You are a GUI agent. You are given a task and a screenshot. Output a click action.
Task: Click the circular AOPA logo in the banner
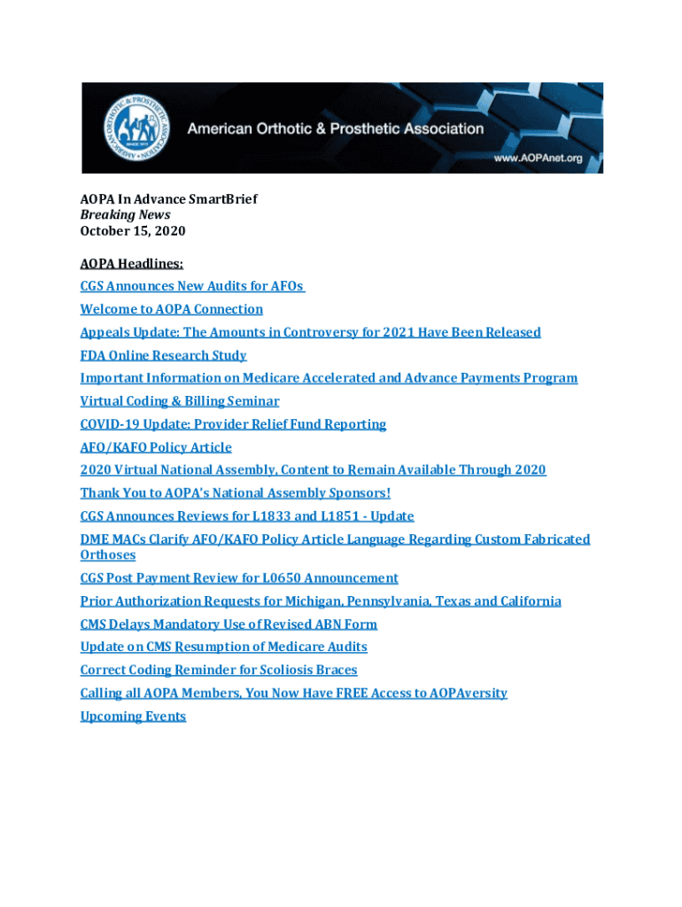pyautogui.click(x=132, y=126)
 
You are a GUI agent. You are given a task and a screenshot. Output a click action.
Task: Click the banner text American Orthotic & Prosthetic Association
pyautogui.click(x=335, y=128)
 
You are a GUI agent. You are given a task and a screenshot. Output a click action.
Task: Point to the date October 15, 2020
pyautogui.click(x=133, y=231)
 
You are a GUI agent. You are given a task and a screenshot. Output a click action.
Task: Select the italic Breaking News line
pyautogui.click(x=125, y=215)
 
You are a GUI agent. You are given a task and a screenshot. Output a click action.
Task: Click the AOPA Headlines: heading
pyautogui.click(x=132, y=263)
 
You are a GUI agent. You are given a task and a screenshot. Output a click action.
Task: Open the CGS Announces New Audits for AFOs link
pyautogui.click(x=192, y=286)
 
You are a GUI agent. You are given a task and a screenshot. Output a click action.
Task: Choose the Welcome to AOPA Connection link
pyautogui.click(x=172, y=309)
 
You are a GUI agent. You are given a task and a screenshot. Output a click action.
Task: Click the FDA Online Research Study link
pyautogui.click(x=164, y=355)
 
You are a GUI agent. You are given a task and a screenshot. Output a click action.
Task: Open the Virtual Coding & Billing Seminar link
pyautogui.click(x=180, y=401)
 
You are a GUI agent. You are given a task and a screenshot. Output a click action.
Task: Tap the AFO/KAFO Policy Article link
pyautogui.click(x=156, y=447)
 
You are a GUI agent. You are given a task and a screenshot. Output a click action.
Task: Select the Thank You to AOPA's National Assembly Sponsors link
pyautogui.click(x=235, y=493)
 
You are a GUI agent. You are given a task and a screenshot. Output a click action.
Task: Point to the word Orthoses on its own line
pyautogui.click(x=108, y=555)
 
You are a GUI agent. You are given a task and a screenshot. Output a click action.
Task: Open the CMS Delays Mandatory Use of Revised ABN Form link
pyautogui.click(x=229, y=624)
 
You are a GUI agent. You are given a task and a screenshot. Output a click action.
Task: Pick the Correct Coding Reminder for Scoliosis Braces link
pyautogui.click(x=219, y=671)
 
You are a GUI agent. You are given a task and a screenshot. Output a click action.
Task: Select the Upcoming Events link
pyautogui.click(x=133, y=717)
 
